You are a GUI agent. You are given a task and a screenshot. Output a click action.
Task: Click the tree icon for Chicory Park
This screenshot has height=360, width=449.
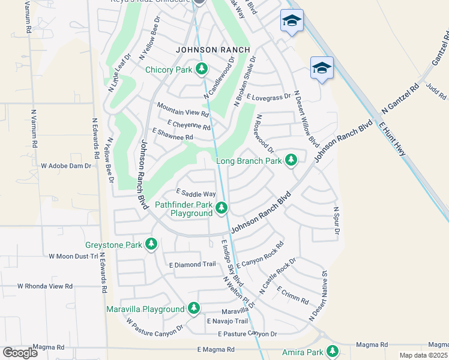click(202, 70)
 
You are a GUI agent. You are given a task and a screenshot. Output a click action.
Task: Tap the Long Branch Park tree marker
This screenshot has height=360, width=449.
click(291, 160)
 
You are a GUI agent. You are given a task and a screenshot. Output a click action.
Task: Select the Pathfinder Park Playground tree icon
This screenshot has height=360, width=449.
click(222, 208)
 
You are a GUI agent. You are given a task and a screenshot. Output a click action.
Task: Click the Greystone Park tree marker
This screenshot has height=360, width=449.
click(151, 244)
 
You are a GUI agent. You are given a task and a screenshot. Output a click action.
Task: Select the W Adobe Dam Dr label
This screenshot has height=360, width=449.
click(65, 165)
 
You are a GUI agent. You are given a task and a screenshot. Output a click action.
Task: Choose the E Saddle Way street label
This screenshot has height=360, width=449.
click(195, 194)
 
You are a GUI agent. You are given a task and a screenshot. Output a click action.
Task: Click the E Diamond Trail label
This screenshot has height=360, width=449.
click(192, 265)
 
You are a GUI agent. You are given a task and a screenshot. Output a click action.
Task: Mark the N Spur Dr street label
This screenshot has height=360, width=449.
click(337, 221)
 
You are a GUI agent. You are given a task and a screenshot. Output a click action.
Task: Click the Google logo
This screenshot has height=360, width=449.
click(20, 352)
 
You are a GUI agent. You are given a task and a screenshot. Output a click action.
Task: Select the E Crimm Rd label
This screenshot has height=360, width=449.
click(293, 295)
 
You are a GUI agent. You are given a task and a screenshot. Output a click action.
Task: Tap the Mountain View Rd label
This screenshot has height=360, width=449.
click(182, 109)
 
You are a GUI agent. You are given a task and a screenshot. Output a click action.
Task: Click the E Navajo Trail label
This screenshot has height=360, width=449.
click(227, 322)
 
